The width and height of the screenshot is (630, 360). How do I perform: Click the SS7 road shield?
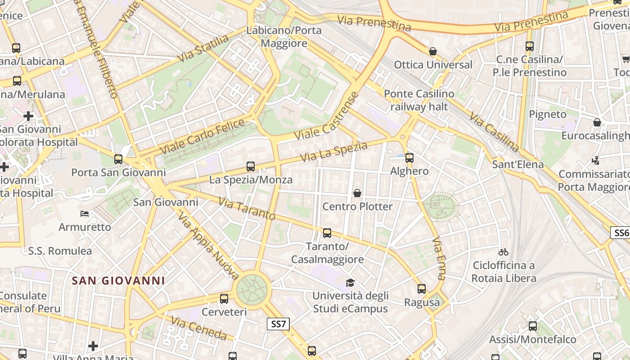pyautogui.click(x=278, y=324)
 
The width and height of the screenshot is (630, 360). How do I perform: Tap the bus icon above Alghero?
pyautogui.click(x=409, y=157)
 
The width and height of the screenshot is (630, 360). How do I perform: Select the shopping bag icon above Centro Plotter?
pyautogui.click(x=357, y=193)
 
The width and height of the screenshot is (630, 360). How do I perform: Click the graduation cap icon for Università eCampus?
pyautogui.click(x=350, y=283)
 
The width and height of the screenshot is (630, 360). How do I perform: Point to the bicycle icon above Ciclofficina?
pyautogui.click(x=504, y=252)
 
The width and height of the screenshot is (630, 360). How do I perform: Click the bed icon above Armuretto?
pyautogui.click(x=85, y=213)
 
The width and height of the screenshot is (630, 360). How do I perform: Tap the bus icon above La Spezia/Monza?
pyautogui.click(x=251, y=166)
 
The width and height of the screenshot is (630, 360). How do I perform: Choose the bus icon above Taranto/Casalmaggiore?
pyautogui.click(x=327, y=233)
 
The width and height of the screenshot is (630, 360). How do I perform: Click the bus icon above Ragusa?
pyautogui.click(x=422, y=289)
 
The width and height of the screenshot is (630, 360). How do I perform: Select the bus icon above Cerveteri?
pyautogui.click(x=224, y=298)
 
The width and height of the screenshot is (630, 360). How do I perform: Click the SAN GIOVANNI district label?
pyautogui.click(x=118, y=281)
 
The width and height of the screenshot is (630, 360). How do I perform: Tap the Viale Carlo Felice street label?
pyautogui.click(x=202, y=136)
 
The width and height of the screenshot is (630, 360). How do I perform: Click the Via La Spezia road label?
pyautogui.click(x=333, y=152)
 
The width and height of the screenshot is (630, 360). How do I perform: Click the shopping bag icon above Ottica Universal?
pyautogui.click(x=433, y=51)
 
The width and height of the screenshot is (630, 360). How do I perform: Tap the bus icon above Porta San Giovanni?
pyautogui.click(x=118, y=159)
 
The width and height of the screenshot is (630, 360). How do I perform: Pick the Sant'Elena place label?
pyautogui.click(x=518, y=164)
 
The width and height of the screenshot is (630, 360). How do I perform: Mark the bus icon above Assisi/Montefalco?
pyautogui.click(x=533, y=326)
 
